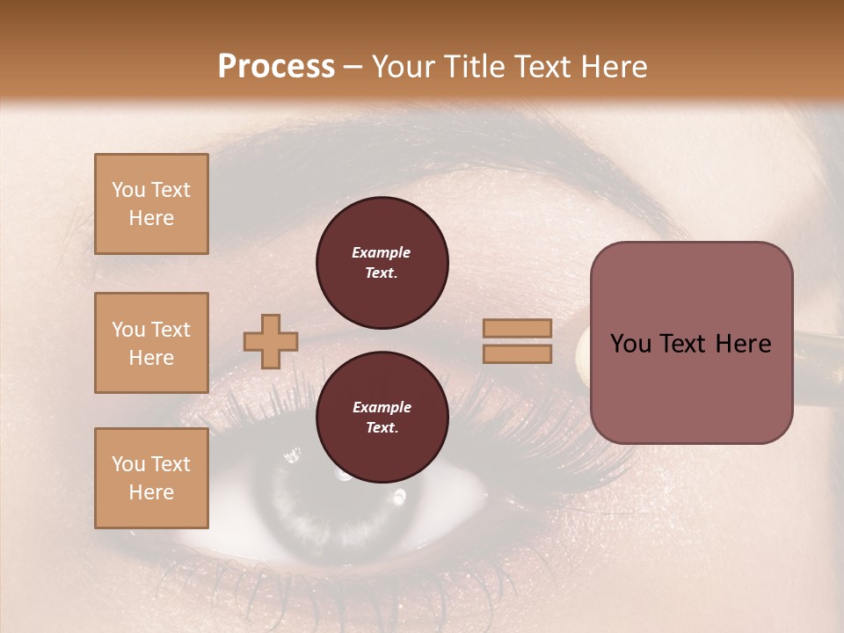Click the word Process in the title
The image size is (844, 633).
point(276,67)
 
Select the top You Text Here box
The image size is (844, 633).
point(151,204)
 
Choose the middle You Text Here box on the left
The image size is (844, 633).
point(151,343)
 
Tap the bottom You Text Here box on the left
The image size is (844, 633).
point(151,478)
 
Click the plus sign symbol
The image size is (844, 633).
point(271,341)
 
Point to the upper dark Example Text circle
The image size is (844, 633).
point(382,262)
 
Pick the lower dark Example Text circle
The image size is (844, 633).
point(382,418)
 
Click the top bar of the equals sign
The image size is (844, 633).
point(517,329)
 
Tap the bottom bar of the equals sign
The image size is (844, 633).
point(517,353)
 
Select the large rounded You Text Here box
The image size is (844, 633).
point(691,343)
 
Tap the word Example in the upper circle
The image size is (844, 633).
point(382,252)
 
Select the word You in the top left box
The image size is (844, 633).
point(128,190)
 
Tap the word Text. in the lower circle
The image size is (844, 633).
point(382,428)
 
